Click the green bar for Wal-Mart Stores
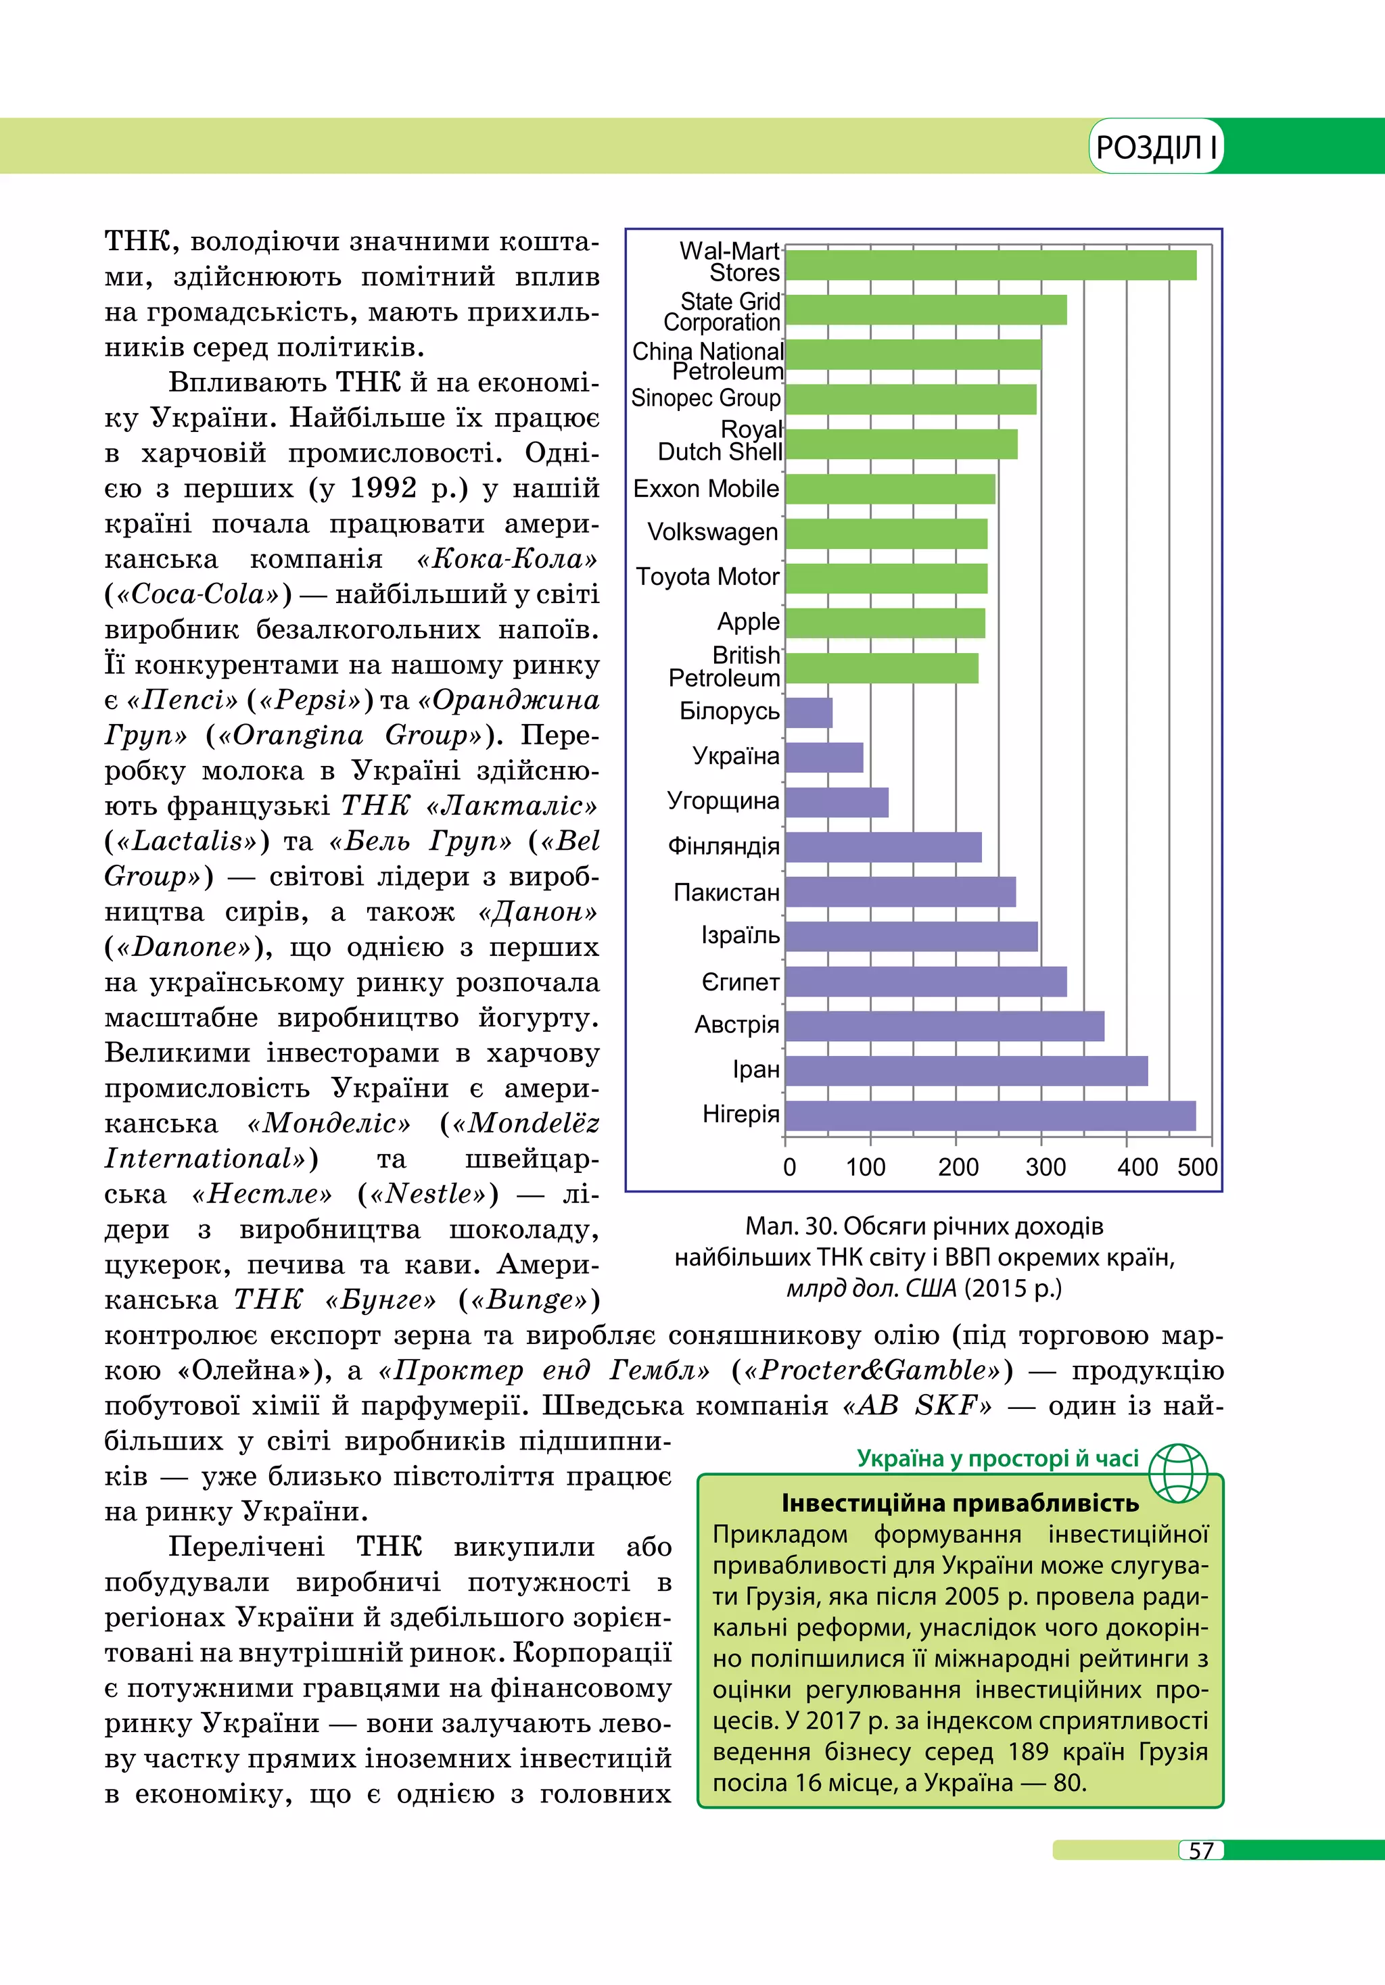pos(990,266)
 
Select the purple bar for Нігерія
pos(990,1116)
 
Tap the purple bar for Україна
pos(824,757)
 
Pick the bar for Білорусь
pos(808,713)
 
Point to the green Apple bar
pos(885,623)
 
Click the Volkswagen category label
pos(712,531)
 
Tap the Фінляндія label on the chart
pos(723,846)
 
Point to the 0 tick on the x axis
pos(789,1167)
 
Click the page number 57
pos(1201,1850)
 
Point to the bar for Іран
pos(966,1070)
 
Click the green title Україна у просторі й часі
pos(997,1458)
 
